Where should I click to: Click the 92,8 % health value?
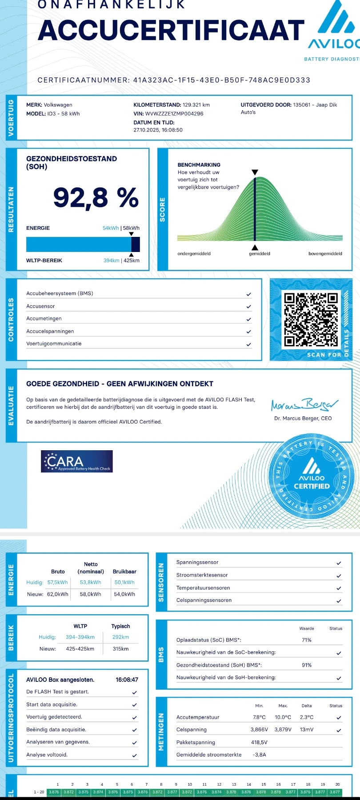tap(96, 198)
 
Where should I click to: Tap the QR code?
tap(311, 319)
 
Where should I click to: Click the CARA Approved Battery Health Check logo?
tap(77, 461)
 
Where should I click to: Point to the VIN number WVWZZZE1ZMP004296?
tap(174, 114)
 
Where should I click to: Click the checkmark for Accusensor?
tap(248, 306)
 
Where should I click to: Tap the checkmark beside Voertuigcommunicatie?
tap(248, 344)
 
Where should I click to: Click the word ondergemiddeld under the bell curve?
tap(194, 254)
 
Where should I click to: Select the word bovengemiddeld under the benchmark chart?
tap(325, 254)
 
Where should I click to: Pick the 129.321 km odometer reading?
tap(196, 105)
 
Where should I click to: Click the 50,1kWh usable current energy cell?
tap(124, 582)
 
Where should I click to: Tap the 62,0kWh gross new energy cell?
tap(58, 594)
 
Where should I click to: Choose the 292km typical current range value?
tap(120, 637)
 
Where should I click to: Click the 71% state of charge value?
tap(307, 640)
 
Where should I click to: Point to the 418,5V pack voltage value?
tap(259, 742)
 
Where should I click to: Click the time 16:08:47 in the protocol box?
tap(127, 680)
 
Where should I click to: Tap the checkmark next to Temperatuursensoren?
tap(339, 588)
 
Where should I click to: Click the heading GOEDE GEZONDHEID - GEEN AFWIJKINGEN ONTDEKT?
tap(120, 384)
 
